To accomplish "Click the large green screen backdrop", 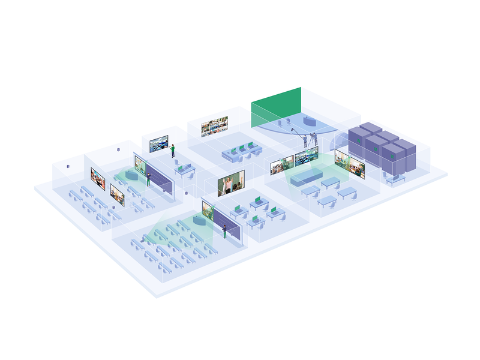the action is (276, 107).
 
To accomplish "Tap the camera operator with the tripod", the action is (313, 139).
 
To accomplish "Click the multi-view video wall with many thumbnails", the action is (214, 127).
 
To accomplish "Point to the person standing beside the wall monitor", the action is (173, 150).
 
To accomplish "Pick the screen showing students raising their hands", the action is (231, 184).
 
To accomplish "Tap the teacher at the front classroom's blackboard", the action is (225, 231).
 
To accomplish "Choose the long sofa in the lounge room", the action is (306, 177).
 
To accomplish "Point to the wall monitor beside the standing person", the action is (158, 144).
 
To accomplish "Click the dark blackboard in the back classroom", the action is (160, 178).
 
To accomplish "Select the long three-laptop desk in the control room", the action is (239, 152).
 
